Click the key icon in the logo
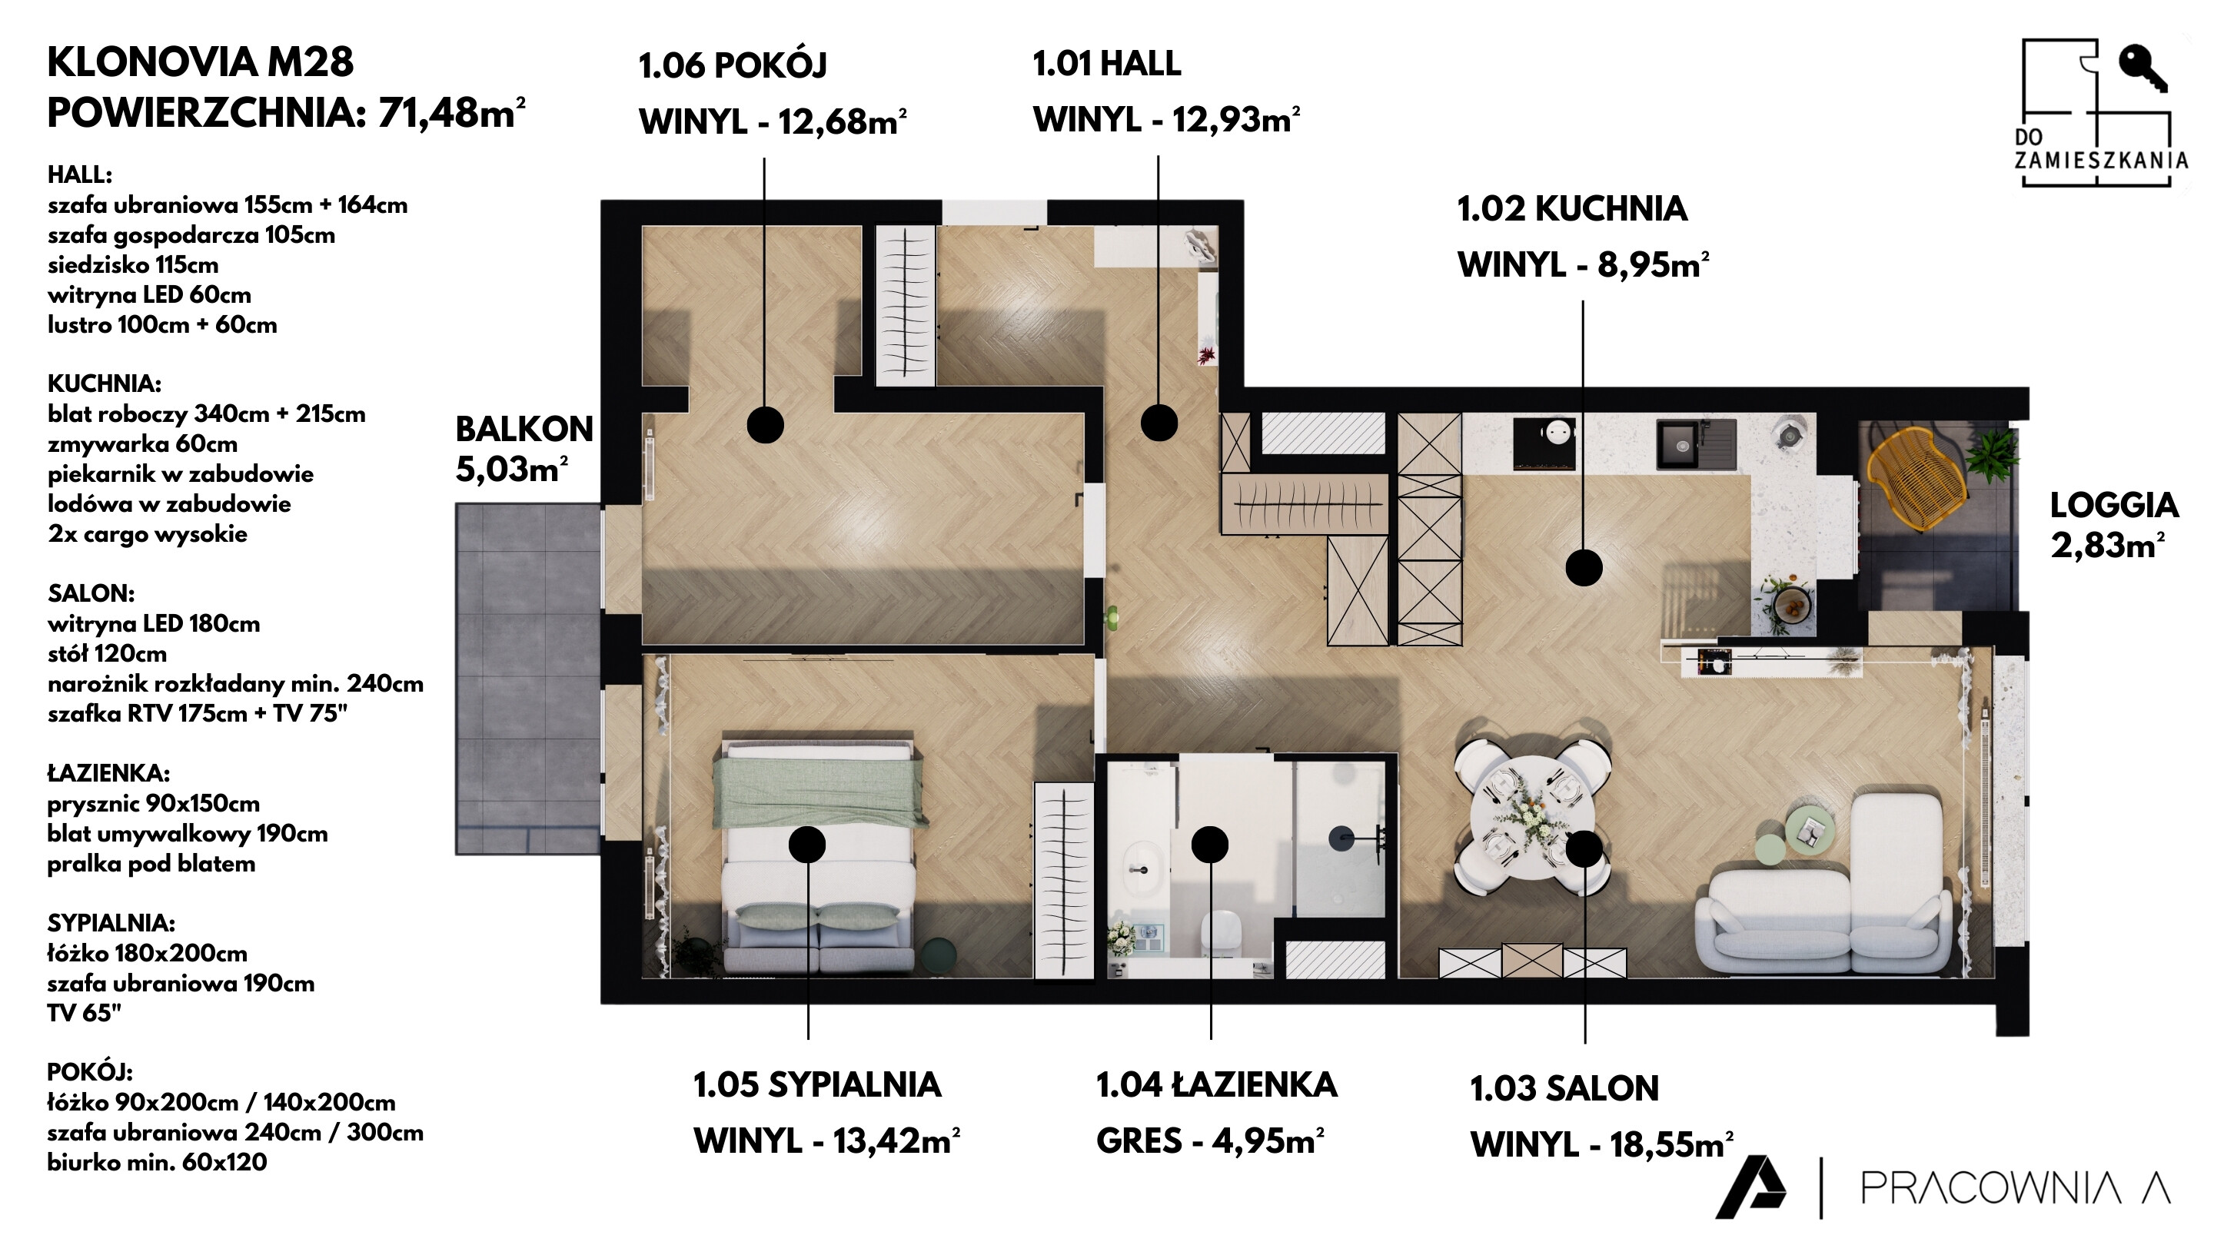(x=2142, y=68)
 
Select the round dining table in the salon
(x=1532, y=817)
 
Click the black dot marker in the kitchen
(x=1583, y=568)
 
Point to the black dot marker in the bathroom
(x=1209, y=845)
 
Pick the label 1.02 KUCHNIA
(x=1572, y=209)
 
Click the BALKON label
(x=524, y=429)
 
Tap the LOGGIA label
(x=2114, y=505)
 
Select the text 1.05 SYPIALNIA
(x=816, y=1084)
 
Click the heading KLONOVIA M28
(x=200, y=61)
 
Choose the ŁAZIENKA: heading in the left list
(x=108, y=772)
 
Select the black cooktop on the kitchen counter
(x=1544, y=443)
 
